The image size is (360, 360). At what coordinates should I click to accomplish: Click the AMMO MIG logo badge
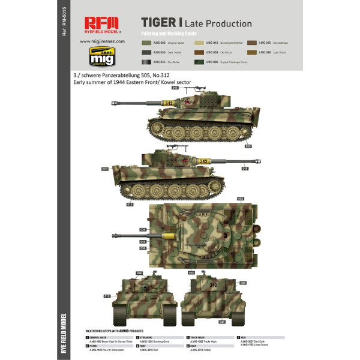101,55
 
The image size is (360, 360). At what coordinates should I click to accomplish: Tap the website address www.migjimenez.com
101,41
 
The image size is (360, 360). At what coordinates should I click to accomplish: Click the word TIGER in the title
158,23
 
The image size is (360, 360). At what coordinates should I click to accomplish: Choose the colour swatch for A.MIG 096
199,62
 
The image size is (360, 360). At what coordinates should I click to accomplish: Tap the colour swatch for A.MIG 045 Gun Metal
146,62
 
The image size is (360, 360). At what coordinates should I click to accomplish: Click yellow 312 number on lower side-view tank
203,161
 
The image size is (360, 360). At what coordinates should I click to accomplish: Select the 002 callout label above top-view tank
240,199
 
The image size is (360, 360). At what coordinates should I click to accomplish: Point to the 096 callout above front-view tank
139,273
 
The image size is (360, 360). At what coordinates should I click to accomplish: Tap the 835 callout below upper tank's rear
248,146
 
